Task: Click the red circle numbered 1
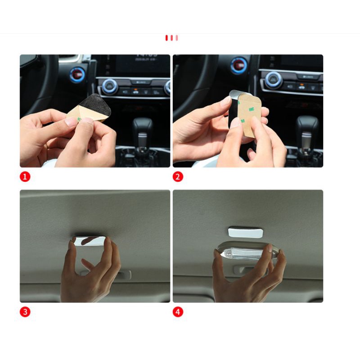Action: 25,177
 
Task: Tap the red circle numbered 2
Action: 178,177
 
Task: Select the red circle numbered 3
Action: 25,311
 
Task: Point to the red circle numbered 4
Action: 178,311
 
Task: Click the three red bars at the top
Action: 171,38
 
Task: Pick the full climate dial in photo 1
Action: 109,86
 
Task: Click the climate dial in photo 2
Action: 274,80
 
